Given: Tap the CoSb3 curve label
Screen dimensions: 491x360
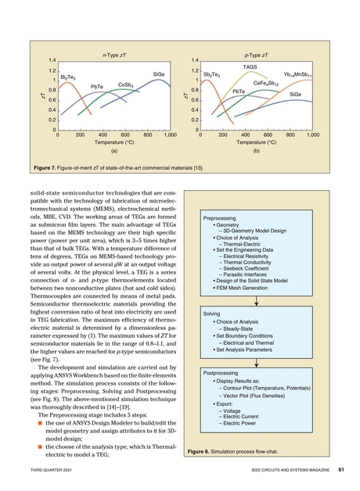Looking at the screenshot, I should coord(128,84).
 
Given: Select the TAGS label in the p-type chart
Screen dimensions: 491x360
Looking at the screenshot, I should coord(250,67).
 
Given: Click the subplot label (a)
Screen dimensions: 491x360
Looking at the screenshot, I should coord(114,152).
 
